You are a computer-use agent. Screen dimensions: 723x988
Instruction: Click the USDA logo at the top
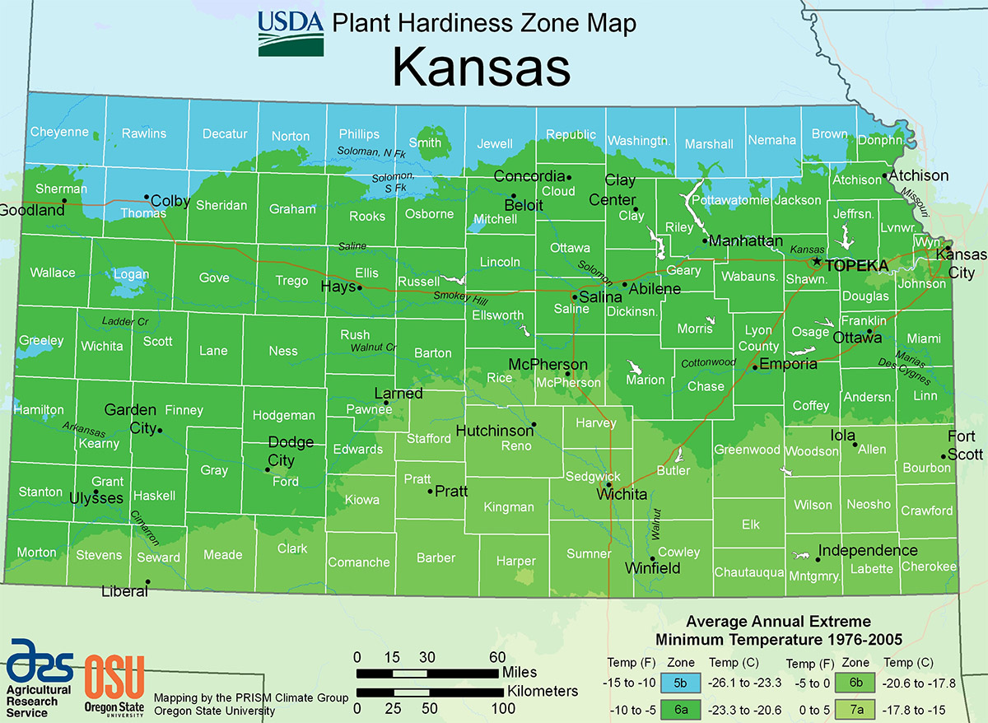[290, 34]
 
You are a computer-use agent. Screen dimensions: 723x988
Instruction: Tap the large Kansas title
[481, 68]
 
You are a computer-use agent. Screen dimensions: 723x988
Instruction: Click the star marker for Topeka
[816, 261]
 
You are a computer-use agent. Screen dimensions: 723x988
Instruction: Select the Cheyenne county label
[59, 132]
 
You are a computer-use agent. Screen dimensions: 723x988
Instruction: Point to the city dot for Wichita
[609, 485]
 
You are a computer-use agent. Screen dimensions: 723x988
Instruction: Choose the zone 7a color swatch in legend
[856, 709]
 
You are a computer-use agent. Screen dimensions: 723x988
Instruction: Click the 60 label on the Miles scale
[497, 657]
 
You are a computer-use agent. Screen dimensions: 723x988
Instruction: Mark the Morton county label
[37, 553]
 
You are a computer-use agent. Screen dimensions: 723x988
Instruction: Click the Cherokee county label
[929, 567]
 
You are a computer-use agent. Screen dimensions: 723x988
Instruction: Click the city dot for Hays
[360, 287]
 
